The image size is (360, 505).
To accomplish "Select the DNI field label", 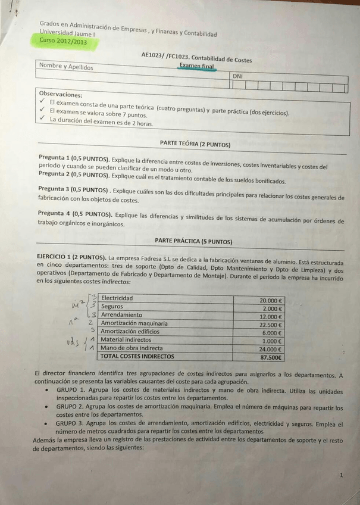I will (238, 76).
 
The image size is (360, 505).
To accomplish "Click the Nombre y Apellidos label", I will (66, 67).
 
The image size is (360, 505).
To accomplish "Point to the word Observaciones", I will (61, 94).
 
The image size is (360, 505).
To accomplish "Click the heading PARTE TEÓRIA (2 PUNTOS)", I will (195, 144).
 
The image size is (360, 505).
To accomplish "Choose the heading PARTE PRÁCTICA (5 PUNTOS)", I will (193, 241).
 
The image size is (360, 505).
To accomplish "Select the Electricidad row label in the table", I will (117, 298).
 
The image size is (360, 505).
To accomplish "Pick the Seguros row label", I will (112, 306).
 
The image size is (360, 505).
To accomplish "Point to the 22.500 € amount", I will (271, 325).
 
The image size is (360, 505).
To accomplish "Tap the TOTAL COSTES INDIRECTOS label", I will (137, 356).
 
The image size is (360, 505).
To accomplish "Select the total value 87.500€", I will (271, 358).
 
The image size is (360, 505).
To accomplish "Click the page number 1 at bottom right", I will (341, 475).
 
